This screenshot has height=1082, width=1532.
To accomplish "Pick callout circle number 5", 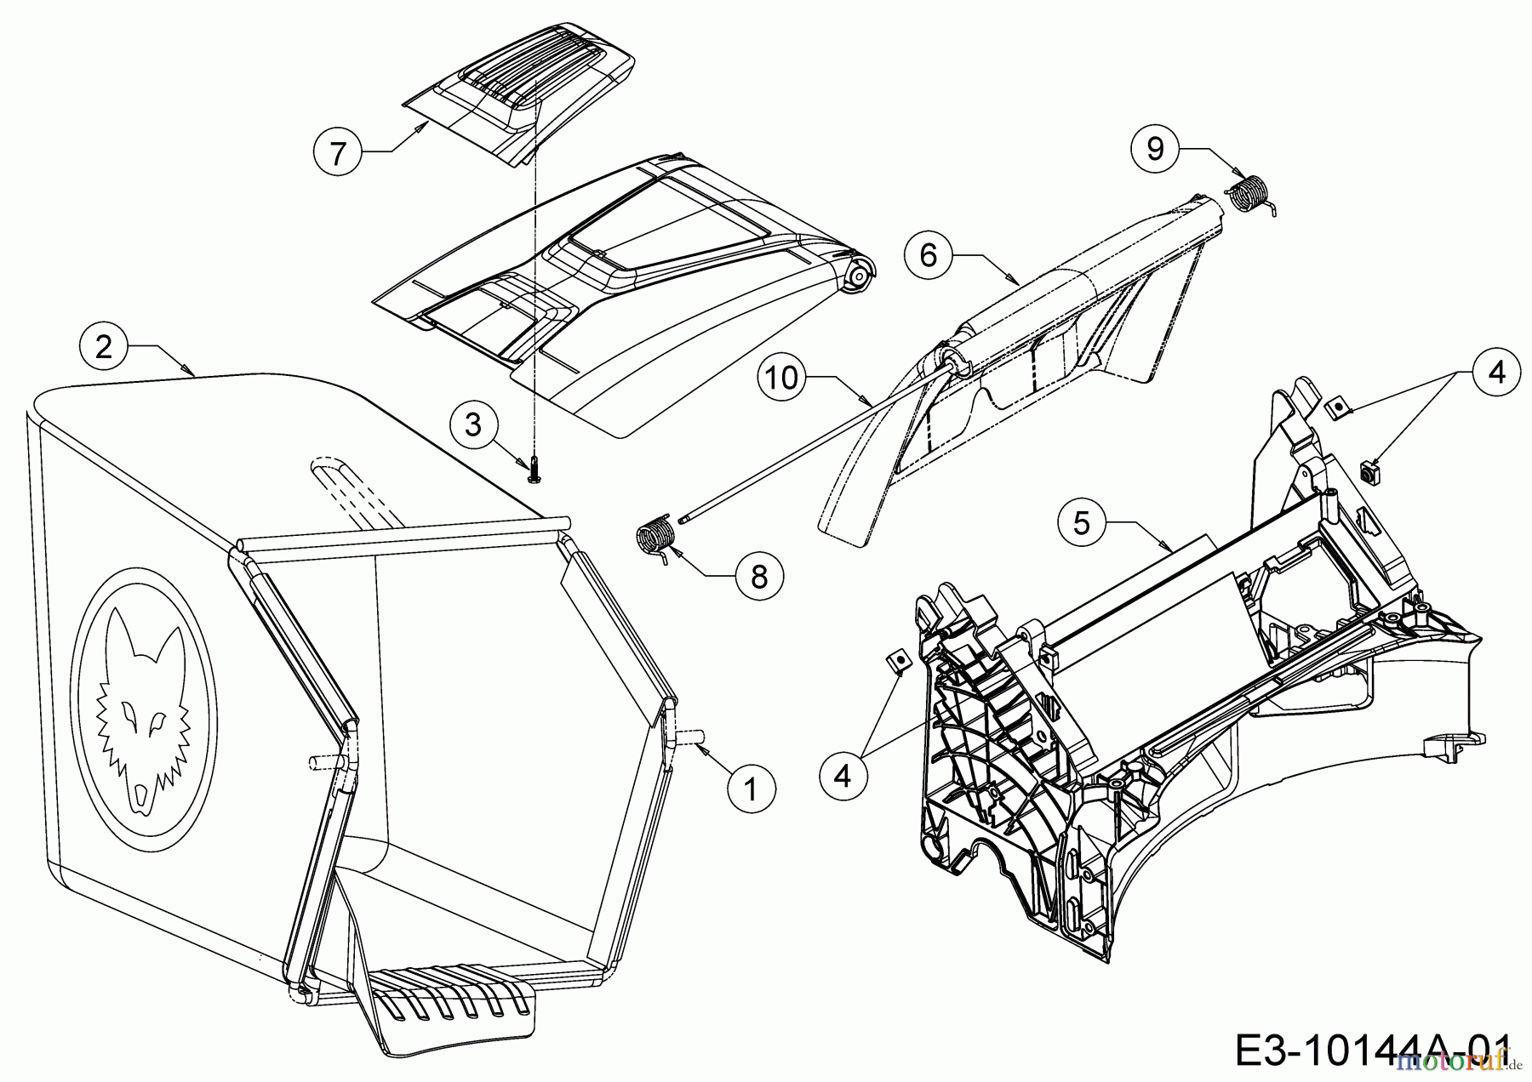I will click(1081, 523).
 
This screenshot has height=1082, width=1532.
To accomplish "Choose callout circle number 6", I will click(929, 254).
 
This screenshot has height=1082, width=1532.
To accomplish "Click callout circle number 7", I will click(338, 153).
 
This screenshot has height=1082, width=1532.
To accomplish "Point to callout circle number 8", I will click(758, 576).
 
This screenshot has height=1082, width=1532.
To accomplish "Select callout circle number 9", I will click(1155, 150).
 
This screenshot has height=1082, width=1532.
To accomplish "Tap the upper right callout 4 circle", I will click(1496, 373).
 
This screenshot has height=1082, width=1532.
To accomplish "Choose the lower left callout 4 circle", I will click(843, 775).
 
